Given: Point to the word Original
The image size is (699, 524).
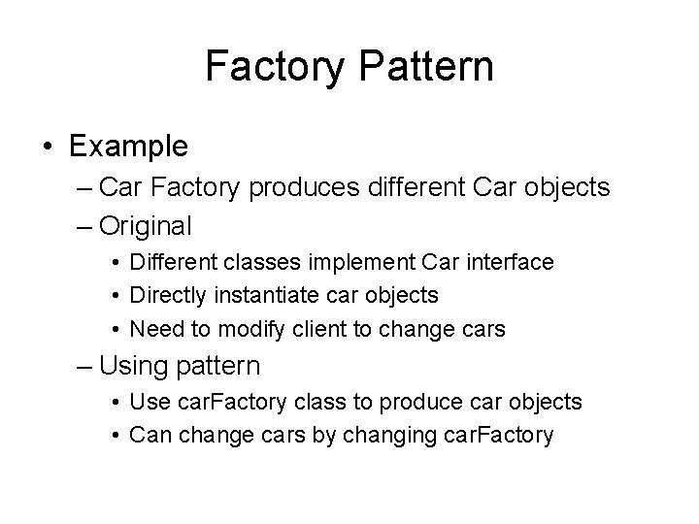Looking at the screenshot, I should click(x=146, y=226).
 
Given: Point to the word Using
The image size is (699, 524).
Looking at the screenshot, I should click(x=132, y=365).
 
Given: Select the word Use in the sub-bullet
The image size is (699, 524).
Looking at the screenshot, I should click(x=148, y=402).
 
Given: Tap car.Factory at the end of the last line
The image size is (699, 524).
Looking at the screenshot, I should click(x=504, y=435).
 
